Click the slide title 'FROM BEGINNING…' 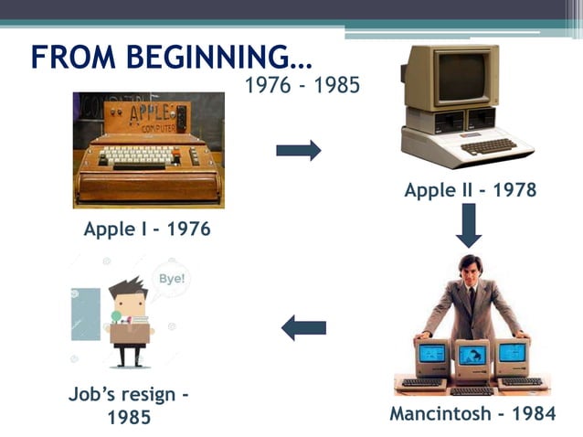tap(171, 57)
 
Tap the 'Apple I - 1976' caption tap(147, 229)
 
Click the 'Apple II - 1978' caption tap(470, 190)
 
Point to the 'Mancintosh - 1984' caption tap(472, 413)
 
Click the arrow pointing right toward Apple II tap(299, 150)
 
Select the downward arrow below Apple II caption tap(469, 225)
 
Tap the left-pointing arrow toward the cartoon tap(303, 326)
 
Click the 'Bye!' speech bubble tap(171, 278)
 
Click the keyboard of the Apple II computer tap(485, 146)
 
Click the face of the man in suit tap(470, 272)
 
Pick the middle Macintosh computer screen tap(472, 355)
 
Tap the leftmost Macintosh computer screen tap(431, 353)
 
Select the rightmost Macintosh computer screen tap(513, 352)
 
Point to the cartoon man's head tap(128, 298)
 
